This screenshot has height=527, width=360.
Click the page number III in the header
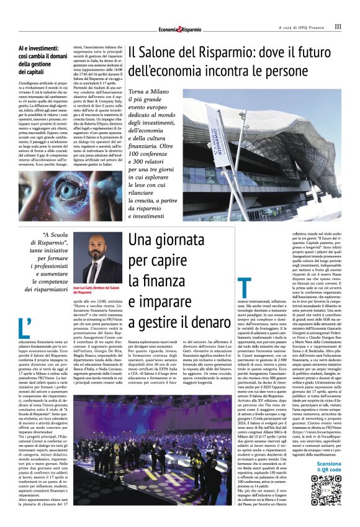pos(338,27)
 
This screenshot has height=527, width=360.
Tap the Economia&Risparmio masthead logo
pos(179,29)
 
